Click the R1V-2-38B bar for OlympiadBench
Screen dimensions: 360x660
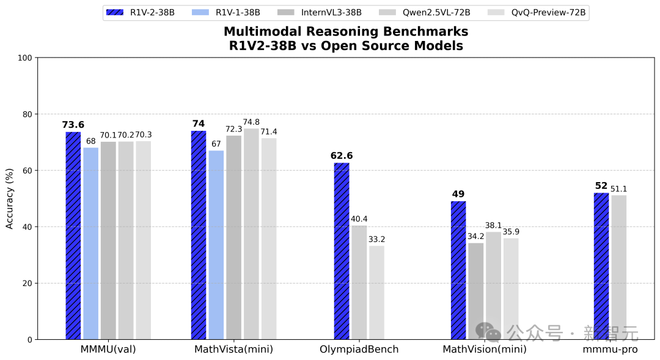pos(342,251)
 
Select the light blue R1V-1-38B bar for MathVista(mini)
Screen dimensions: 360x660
pos(216,244)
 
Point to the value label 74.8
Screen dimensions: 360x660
pos(251,122)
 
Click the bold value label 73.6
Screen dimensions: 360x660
pos(73,125)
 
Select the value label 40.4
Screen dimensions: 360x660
pos(359,219)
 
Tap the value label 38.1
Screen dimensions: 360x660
pos(494,225)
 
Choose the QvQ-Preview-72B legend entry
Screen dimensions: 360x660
pos(537,12)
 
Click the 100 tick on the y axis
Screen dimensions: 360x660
pos(25,58)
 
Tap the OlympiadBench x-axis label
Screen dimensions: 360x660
pos(359,350)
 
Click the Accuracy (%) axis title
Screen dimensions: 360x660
pos(10,199)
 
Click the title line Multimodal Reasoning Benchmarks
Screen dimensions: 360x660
pos(345,32)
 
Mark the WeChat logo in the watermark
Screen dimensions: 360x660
pos(488,332)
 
